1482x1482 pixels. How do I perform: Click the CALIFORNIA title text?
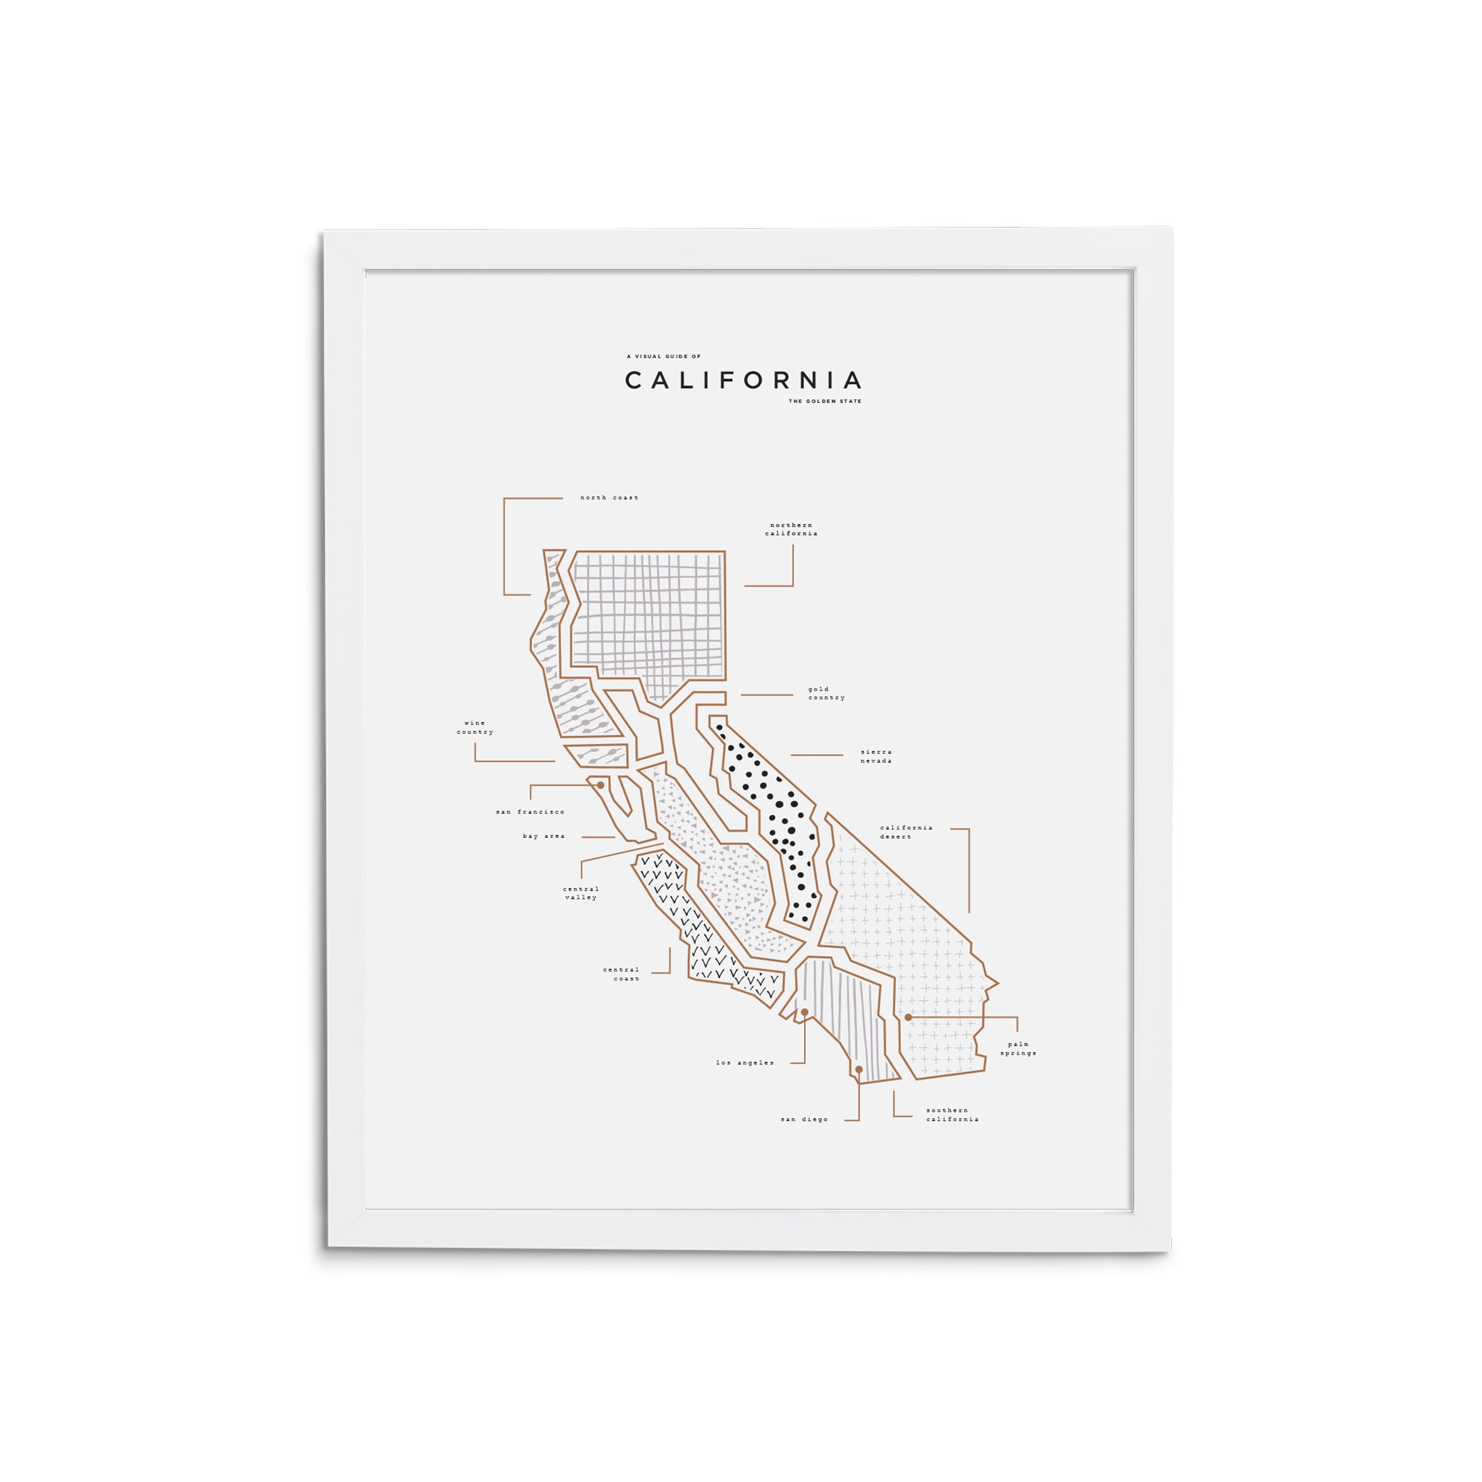742,381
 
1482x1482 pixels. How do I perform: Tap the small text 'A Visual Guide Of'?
664,357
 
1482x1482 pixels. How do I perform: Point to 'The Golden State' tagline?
825,401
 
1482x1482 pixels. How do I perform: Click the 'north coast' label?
609,498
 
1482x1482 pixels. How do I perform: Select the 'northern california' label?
791,529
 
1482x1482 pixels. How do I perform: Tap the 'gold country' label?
826,693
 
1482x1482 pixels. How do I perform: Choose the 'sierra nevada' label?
876,756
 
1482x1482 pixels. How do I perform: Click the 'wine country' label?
475,727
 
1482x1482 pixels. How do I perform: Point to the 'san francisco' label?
530,812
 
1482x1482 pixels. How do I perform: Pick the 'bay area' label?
544,836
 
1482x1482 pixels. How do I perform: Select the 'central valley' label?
580,893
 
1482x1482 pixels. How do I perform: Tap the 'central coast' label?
622,974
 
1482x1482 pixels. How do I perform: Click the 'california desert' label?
906,831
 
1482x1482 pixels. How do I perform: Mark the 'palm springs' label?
1018,1049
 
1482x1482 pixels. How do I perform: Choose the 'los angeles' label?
745,1062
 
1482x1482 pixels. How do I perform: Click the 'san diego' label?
805,1119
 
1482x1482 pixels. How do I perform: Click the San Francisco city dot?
601,784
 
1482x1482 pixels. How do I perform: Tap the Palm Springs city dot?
908,1017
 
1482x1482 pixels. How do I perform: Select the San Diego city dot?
858,1070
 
